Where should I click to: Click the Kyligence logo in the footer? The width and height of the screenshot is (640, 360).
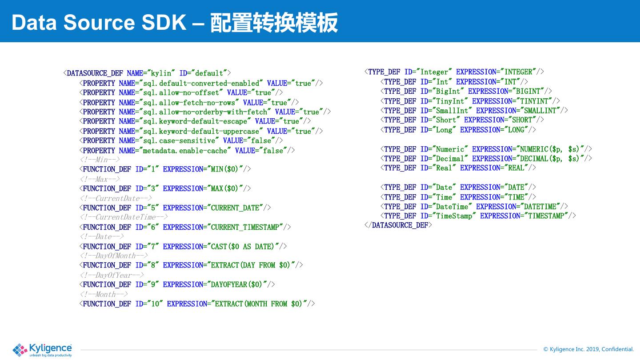42,350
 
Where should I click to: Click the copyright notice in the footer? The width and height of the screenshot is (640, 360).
588,349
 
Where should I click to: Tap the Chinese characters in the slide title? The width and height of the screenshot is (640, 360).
274,23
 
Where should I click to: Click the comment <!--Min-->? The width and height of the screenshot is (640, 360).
100,160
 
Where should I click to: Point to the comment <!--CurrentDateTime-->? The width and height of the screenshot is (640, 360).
124,217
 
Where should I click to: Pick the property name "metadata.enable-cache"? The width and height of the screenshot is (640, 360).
185,151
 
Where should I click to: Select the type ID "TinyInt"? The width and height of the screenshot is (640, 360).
450,101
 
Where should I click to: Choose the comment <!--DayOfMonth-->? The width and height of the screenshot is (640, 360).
114,256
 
